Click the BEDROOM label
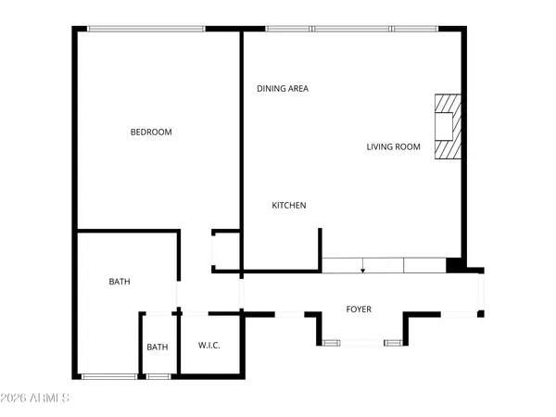point(150,133)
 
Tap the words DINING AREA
point(283,89)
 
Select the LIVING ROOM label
point(393,146)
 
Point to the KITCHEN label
point(288,206)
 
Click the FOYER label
point(359,310)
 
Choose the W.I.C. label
point(208,346)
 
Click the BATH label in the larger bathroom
point(120,282)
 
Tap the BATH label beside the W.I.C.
point(157,347)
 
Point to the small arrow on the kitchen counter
point(362,270)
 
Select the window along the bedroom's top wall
point(146,29)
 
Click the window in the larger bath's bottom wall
point(110,376)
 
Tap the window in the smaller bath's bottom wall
point(158,376)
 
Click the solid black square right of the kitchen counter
point(454,266)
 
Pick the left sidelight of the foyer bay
point(331,344)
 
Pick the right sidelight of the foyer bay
point(394,344)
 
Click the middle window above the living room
point(352,29)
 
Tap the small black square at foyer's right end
point(480,315)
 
